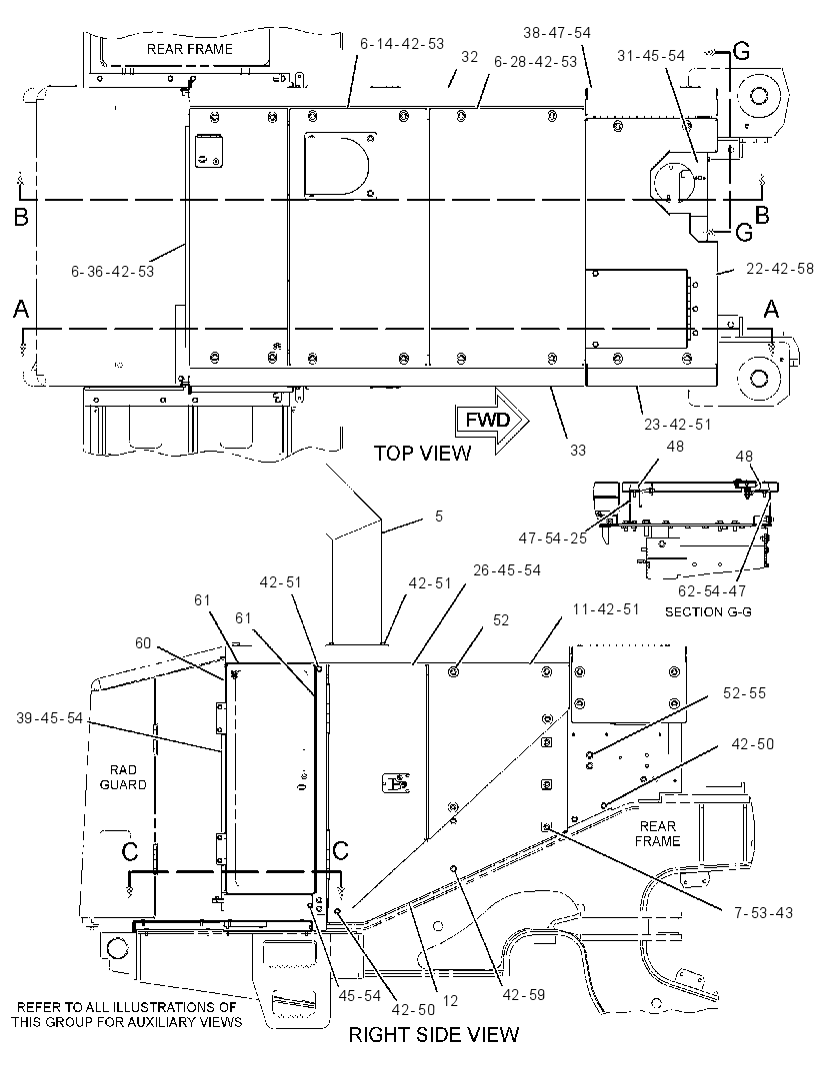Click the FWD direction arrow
coord(492,421)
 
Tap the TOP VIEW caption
coord(422,453)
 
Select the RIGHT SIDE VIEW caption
coord(434,1034)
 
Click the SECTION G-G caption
coord(708,612)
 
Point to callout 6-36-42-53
coord(113,272)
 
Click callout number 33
coord(578,450)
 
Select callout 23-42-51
coord(678,425)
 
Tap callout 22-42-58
coord(780,269)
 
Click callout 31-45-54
coord(651,56)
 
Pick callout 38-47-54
coord(557,33)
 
